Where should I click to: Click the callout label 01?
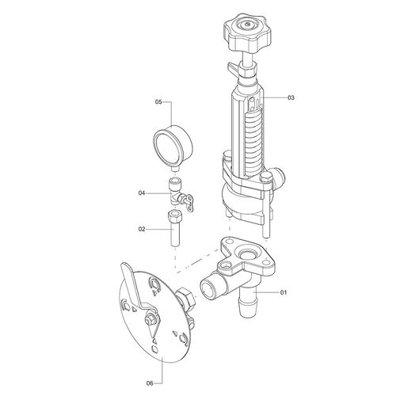(x=284, y=292)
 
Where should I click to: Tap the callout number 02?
(x=142, y=229)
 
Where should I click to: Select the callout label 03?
(x=291, y=97)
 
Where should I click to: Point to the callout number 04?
(x=142, y=193)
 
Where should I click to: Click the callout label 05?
(x=158, y=102)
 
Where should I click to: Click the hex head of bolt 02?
(x=174, y=217)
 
